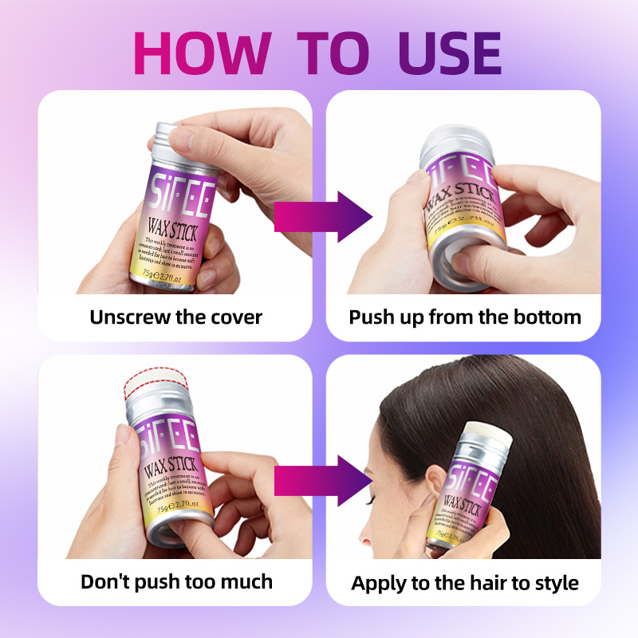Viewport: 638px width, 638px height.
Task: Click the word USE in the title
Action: click(x=438, y=53)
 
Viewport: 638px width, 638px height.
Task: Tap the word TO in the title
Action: click(x=330, y=53)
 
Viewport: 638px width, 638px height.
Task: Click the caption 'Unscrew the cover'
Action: click(x=175, y=317)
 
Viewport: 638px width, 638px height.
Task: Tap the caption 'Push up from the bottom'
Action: click(x=465, y=317)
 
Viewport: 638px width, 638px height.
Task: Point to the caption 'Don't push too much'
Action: click(x=176, y=581)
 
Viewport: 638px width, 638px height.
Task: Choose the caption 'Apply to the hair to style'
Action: click(x=465, y=582)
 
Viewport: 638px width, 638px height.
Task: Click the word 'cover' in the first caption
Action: click(x=236, y=317)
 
